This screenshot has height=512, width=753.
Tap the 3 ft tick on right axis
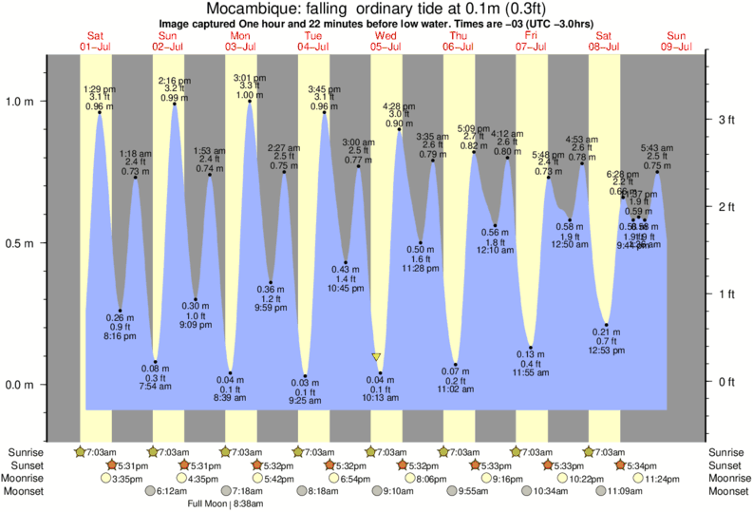point(725,119)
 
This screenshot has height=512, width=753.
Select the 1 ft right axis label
point(725,294)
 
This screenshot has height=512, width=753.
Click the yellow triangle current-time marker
point(377,357)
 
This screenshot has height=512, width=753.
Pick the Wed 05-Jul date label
point(388,41)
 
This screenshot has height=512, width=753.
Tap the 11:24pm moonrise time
point(665,478)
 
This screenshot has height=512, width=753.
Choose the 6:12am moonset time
point(171,490)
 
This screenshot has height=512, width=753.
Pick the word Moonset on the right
point(725,490)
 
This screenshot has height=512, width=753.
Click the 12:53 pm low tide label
point(607,351)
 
